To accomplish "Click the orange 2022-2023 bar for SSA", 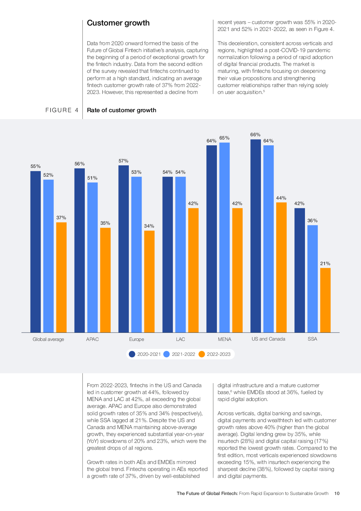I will click(x=325, y=300).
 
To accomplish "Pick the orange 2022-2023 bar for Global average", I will click(x=61, y=277).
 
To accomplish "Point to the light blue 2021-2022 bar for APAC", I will click(x=92, y=257).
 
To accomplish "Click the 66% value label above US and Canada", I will click(x=255, y=135).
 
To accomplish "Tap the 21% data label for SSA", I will click(x=325, y=264).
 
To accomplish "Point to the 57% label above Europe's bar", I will click(x=123, y=161).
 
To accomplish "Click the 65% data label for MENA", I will click(x=224, y=138).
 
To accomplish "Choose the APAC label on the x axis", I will click(x=92, y=339).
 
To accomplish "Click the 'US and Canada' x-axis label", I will click(x=268, y=339).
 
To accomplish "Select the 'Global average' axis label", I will click(x=48, y=339).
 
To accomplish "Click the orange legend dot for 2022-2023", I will click(x=202, y=354).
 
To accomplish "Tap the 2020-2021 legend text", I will click(x=149, y=354).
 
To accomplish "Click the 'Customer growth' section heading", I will click(x=118, y=23).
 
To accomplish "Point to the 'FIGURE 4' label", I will click(x=62, y=110).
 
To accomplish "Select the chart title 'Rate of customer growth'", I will click(x=122, y=110).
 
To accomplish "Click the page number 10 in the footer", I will click(x=337, y=494).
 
